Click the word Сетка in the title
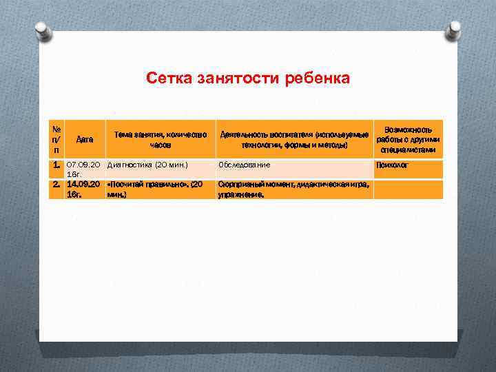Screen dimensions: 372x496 [166, 79]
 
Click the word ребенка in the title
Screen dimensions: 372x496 [320, 79]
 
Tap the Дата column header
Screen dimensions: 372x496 [85, 139]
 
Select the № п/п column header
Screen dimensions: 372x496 [57, 139]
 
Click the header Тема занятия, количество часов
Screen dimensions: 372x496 [160, 140]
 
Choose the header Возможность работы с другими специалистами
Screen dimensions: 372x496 [409, 140]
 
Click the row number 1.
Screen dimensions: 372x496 [56, 166]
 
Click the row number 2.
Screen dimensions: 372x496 [56, 185]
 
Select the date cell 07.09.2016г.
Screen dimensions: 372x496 [84, 170]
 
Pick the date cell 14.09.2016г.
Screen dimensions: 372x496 [84, 189]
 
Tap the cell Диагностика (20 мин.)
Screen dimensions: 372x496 [147, 165]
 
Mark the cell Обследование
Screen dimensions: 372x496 [245, 165]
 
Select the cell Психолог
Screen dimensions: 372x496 [392, 165]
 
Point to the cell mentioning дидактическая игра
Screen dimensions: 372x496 [293, 189]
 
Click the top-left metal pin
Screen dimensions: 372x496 [43, 31]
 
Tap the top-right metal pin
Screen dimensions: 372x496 [454, 30]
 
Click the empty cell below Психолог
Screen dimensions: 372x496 [409, 189]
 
